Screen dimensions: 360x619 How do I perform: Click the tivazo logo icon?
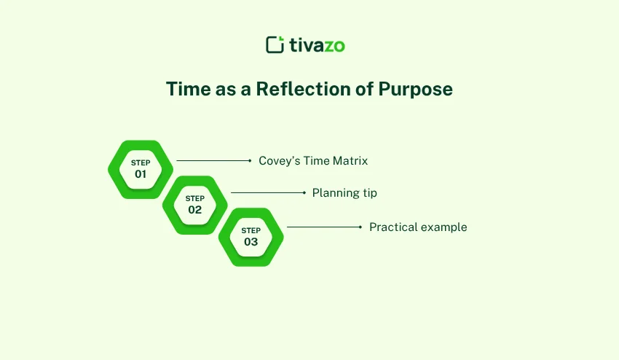pyautogui.click(x=275, y=44)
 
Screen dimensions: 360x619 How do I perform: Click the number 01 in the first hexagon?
pyautogui.click(x=141, y=175)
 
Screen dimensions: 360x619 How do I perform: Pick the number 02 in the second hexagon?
pyautogui.click(x=194, y=210)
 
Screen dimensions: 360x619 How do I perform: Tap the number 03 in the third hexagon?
pyautogui.click(x=251, y=242)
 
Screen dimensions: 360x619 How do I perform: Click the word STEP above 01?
pyautogui.click(x=141, y=163)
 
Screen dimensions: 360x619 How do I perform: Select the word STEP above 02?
pyautogui.click(x=194, y=198)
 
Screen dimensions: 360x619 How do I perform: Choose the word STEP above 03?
pyautogui.click(x=251, y=230)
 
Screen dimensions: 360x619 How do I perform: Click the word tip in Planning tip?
pyautogui.click(x=369, y=193)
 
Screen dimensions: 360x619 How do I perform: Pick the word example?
pyautogui.click(x=443, y=227)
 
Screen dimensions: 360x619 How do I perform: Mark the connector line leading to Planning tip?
pyautogui.click(x=267, y=193)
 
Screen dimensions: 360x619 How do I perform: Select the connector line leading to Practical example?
pyautogui.click(x=323, y=227)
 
